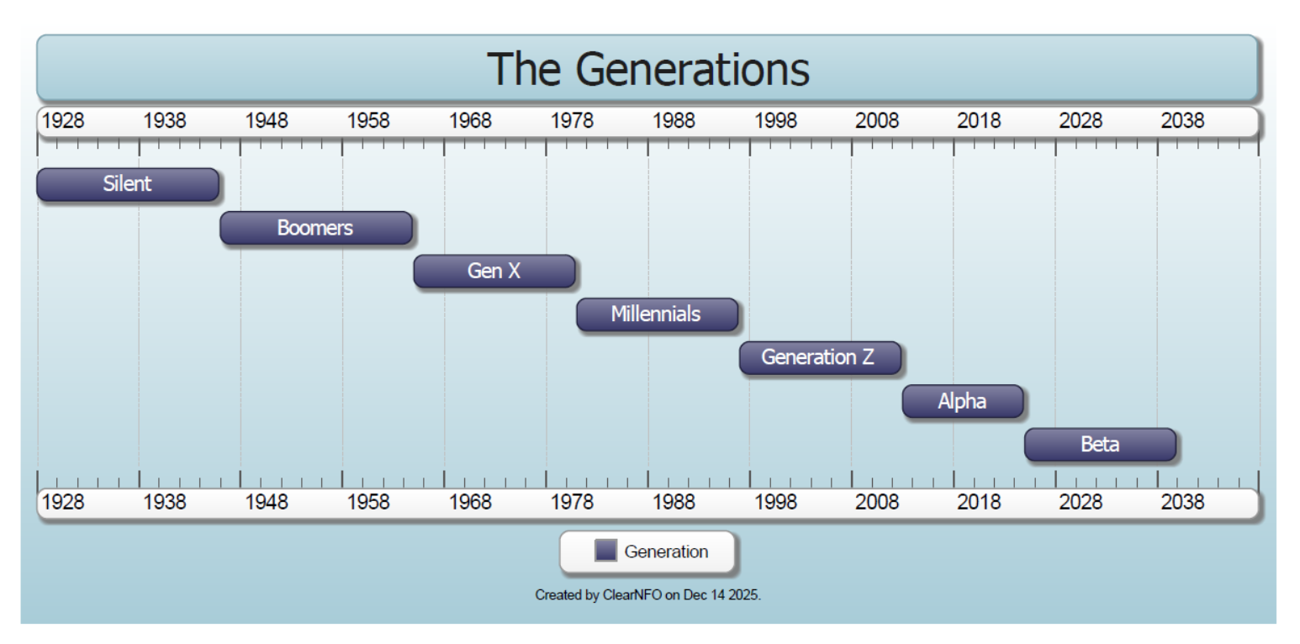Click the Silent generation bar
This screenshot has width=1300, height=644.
(128, 184)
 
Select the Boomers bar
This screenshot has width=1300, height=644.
(316, 228)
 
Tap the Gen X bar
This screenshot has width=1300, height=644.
(494, 272)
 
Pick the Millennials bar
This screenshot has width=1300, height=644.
(657, 314)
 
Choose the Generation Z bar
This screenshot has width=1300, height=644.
(820, 357)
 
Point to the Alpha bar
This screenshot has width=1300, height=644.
(963, 401)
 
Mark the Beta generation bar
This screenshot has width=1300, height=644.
(1100, 444)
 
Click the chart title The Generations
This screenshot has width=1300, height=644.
(647, 69)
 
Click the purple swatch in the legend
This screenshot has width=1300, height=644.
(605, 551)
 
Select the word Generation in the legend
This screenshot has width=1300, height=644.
(666, 552)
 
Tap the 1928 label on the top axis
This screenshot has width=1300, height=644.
(63, 121)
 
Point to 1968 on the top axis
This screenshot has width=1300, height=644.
(470, 121)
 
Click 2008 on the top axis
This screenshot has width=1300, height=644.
(877, 121)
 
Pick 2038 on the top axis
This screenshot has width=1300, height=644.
(1182, 121)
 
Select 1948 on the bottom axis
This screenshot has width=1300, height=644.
(267, 503)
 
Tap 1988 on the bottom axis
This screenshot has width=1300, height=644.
(674, 503)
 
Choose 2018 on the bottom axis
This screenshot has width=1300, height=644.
(979, 503)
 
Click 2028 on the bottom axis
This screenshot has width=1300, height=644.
(1081, 503)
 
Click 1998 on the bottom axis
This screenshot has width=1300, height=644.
(775, 503)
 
